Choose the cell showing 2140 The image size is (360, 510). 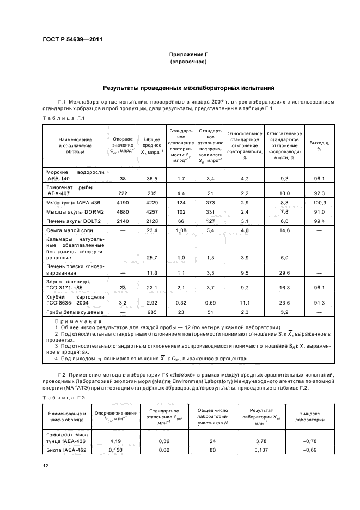tap(121, 222)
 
